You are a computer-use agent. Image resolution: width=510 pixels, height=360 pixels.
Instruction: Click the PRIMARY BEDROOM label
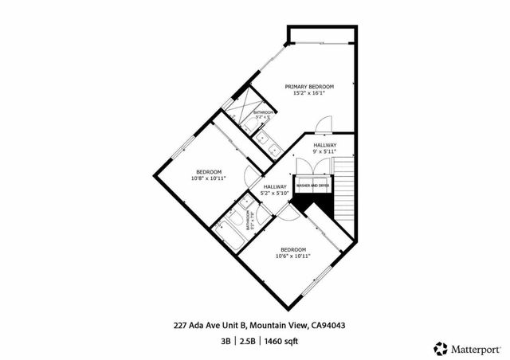(310, 86)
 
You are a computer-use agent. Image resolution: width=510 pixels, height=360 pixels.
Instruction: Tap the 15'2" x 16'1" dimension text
(310, 93)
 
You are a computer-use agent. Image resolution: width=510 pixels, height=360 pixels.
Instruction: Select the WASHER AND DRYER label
(312, 186)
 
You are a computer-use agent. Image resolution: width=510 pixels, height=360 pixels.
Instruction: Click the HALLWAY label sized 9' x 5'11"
(324, 144)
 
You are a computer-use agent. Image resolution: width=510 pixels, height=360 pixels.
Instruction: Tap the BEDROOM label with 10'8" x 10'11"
(209, 171)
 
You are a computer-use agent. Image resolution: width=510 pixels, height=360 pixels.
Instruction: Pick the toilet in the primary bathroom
(262, 137)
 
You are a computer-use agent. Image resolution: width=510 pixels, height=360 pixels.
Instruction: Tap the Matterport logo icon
(440, 347)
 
